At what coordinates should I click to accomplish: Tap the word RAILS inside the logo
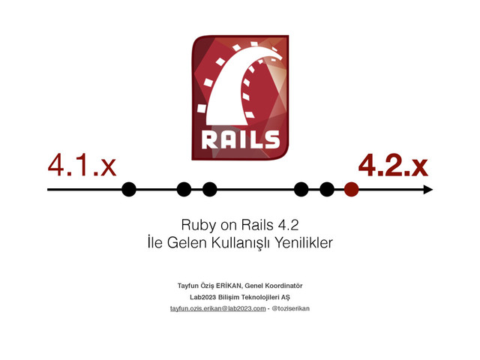point(240,139)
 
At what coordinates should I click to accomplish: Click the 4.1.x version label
point(82,165)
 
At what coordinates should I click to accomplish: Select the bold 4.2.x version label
point(392,165)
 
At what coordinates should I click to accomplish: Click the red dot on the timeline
point(351,190)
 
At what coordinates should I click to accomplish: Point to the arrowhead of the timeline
point(427,190)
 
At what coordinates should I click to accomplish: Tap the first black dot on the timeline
point(129,190)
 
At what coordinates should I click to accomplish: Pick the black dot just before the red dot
point(326,190)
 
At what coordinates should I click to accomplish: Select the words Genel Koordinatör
point(274,286)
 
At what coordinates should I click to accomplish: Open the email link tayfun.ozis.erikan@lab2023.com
point(217,308)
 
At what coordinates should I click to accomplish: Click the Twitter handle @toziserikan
point(290,308)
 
